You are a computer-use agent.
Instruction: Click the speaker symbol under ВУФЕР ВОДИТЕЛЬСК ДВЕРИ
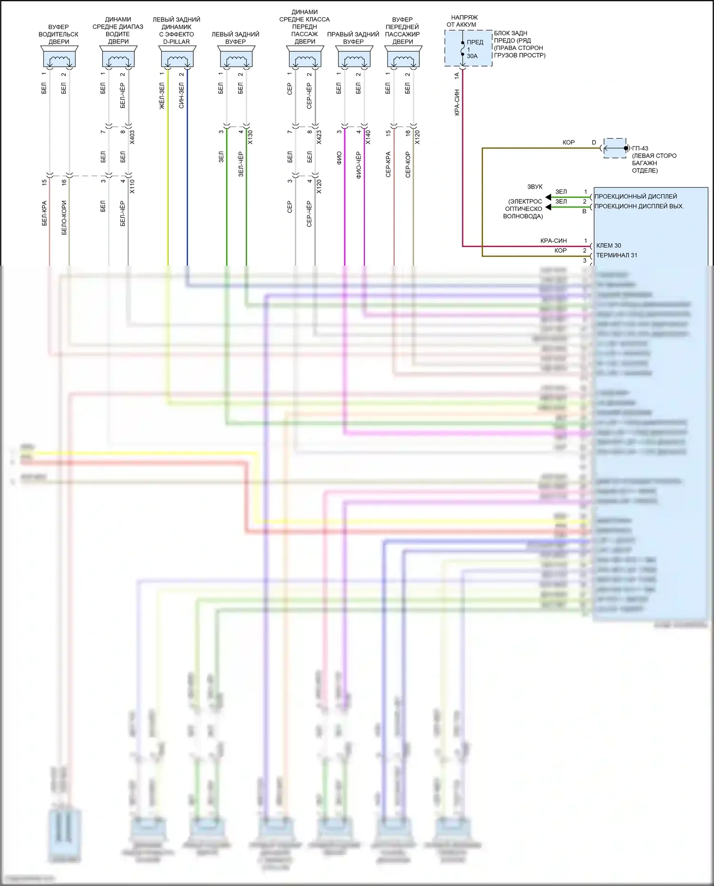point(59,58)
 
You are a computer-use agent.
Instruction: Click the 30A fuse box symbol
point(468,48)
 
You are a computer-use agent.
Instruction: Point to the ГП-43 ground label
point(640,149)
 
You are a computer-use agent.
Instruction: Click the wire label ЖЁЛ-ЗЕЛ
point(162,96)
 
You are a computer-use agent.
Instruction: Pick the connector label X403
point(132,138)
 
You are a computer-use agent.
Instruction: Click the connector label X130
point(250,138)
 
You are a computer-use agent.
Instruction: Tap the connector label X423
point(319,138)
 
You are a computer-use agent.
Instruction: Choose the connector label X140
point(368,138)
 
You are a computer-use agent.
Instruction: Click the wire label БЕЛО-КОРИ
point(64,218)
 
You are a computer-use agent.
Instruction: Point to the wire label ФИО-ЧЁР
point(358,165)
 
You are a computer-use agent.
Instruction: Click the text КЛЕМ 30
point(608,246)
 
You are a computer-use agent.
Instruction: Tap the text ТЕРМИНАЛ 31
point(616,255)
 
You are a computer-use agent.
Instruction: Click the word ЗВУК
point(535,187)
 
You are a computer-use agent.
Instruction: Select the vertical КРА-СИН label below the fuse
point(457,102)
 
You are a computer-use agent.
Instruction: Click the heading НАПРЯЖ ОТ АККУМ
point(463,21)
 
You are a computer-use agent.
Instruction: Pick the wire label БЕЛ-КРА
point(44,213)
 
